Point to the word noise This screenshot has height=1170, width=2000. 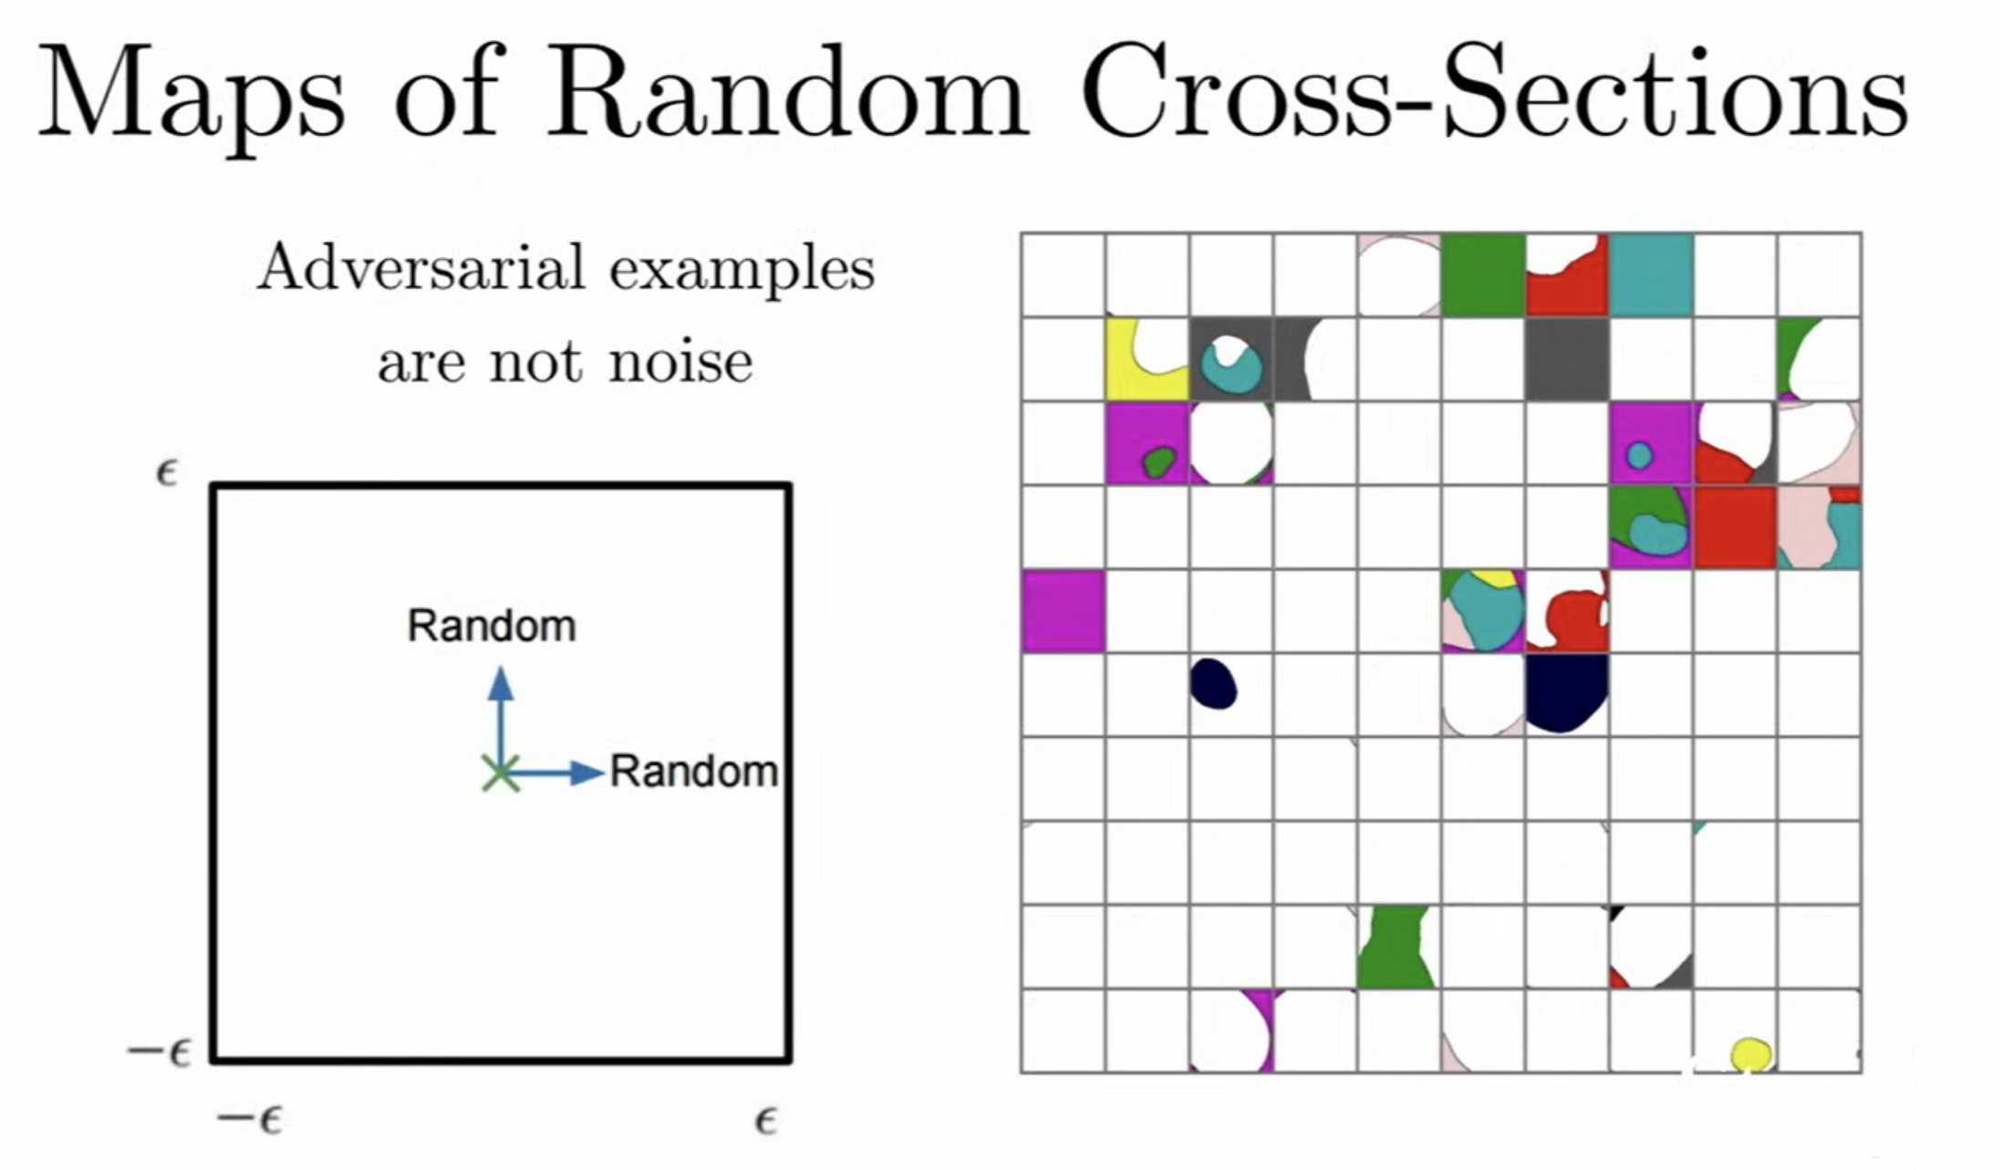tap(680, 361)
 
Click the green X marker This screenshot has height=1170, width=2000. tap(500, 773)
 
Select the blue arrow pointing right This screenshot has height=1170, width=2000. tap(556, 773)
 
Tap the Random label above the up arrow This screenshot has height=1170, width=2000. tap(492, 626)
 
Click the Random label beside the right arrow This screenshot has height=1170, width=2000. tap(693, 771)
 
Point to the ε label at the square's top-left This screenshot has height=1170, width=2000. tap(166, 473)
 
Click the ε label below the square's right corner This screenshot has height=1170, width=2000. tap(765, 1120)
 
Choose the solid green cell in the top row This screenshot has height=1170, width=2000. tap(1482, 274)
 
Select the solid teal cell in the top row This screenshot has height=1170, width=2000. tap(1651, 274)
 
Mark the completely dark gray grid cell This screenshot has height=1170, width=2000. tap(1567, 358)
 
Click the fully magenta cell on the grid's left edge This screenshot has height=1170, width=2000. tap(1062, 611)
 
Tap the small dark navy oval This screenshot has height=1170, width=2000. tap(1213, 684)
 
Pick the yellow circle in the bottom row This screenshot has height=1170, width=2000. tap(1750, 1054)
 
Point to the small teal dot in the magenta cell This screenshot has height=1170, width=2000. tap(1639, 455)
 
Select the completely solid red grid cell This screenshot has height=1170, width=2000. tap(1735, 527)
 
